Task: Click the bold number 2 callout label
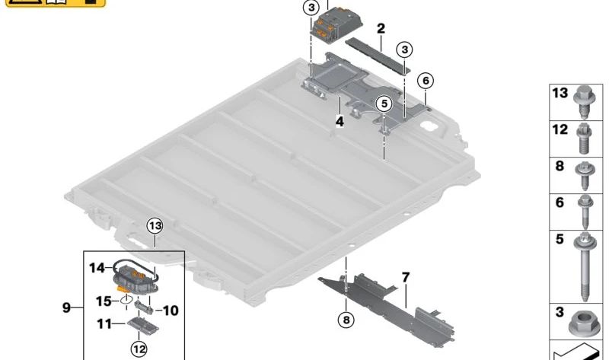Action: click(381, 29)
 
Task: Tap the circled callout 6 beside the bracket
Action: click(425, 81)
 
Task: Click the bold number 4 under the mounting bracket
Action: click(340, 120)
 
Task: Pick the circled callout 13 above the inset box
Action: click(155, 225)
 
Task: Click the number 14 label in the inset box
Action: click(97, 267)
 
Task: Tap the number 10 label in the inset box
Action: click(170, 311)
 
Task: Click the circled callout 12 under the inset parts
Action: click(138, 349)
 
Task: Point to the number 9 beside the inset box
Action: click(68, 308)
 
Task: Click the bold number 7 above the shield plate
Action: click(406, 278)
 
